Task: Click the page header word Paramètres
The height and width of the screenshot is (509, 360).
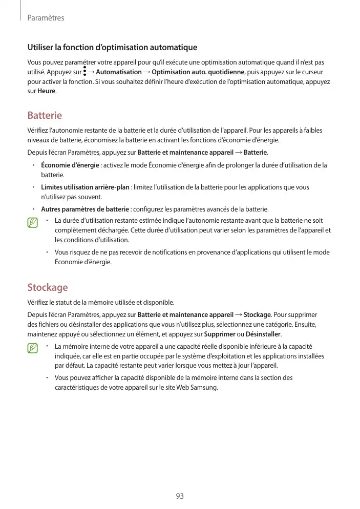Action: click(46, 18)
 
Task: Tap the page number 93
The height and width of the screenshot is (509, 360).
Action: click(180, 496)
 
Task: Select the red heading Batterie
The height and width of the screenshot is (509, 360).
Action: click(45, 115)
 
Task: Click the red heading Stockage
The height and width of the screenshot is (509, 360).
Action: click(47, 287)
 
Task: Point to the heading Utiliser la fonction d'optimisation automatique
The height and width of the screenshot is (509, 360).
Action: click(112, 48)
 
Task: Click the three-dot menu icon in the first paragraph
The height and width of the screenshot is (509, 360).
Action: click(84, 72)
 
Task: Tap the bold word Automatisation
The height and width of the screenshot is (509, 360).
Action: click(119, 72)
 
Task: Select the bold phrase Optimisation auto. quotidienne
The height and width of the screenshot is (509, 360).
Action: click(199, 72)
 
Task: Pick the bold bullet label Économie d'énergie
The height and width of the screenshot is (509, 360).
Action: click(70, 165)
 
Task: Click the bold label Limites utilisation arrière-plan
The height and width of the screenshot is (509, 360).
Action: click(85, 187)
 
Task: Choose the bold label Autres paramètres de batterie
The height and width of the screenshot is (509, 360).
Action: click(85, 209)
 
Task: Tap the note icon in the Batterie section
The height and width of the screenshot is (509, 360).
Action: click(33, 223)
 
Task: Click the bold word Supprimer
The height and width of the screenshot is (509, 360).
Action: click(220, 334)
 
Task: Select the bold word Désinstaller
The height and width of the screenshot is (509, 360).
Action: click(263, 334)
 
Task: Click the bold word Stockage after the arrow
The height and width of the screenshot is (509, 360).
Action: click(257, 314)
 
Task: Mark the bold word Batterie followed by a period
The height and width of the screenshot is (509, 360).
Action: click(255, 153)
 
